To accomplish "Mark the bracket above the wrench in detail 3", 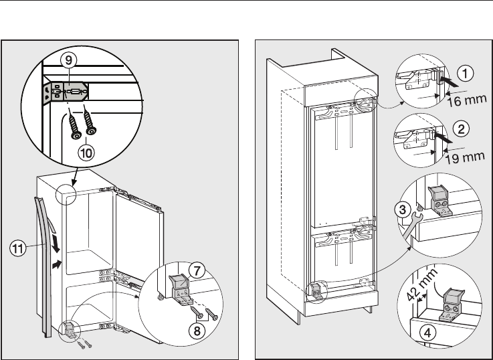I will pyautogui.click(x=437, y=197).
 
